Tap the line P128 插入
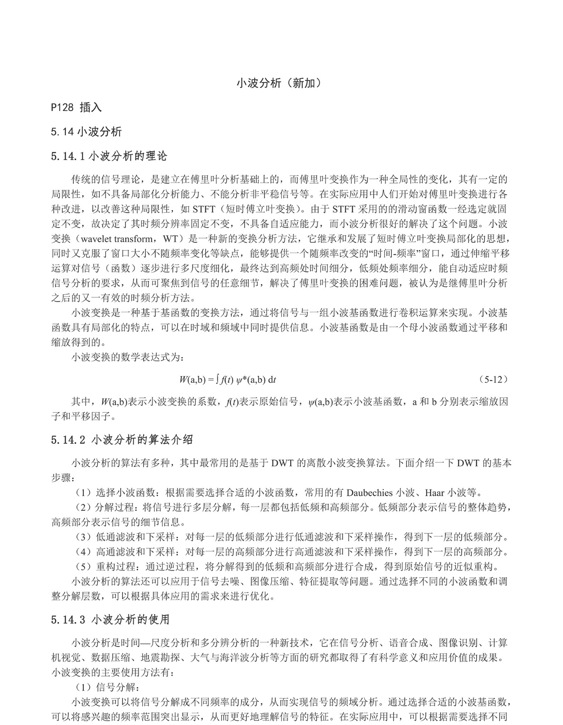click(x=77, y=107)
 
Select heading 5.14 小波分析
click(x=87, y=132)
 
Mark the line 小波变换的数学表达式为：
click(x=128, y=358)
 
